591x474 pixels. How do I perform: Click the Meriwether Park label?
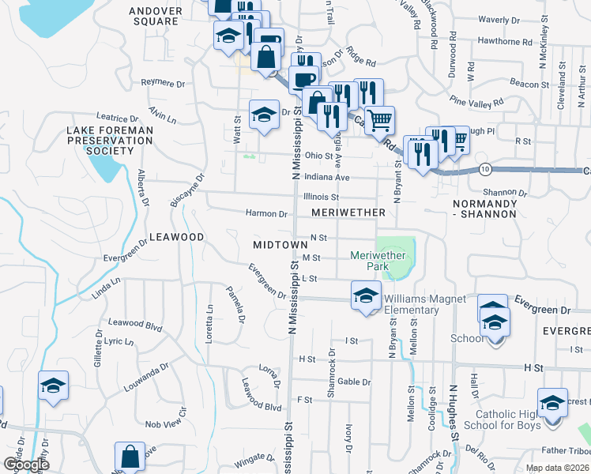(x=378, y=261)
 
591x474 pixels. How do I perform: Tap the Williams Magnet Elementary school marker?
(x=366, y=297)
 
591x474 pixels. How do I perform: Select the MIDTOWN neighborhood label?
(x=280, y=246)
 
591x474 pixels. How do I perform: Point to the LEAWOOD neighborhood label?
(x=177, y=237)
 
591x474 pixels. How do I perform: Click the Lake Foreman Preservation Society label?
(x=110, y=140)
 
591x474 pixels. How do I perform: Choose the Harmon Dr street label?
(x=266, y=213)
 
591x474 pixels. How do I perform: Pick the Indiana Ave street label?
(x=326, y=178)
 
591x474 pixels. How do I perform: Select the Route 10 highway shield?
(x=485, y=170)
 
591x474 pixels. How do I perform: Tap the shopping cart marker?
(x=380, y=119)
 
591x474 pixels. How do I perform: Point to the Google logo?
(x=26, y=465)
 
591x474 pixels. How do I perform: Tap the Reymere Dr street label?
(x=162, y=81)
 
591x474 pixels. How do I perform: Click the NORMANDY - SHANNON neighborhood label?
(x=484, y=209)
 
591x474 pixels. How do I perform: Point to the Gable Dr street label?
(x=354, y=382)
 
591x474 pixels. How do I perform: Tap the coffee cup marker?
(x=304, y=78)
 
